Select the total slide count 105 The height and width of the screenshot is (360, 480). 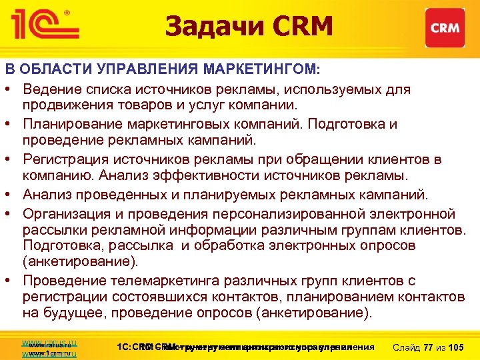(x=457, y=347)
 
